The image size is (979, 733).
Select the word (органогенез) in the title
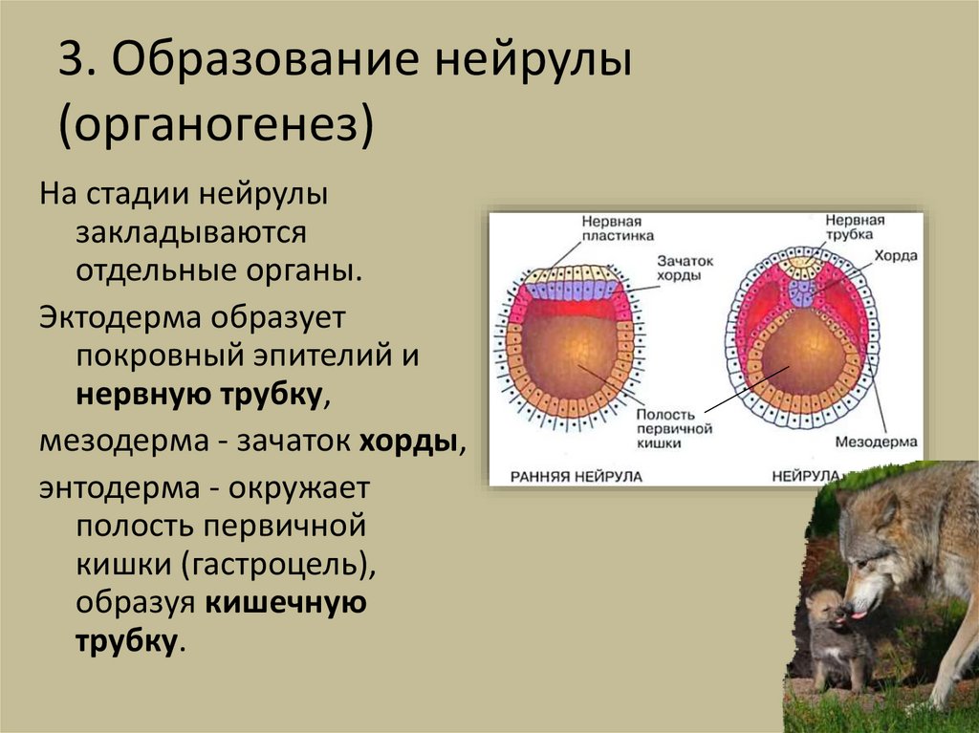pyautogui.click(x=215, y=125)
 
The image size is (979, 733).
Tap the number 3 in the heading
pyautogui.click(x=69, y=65)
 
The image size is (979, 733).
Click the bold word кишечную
pyautogui.click(x=283, y=604)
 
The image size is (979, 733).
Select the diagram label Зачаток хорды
pyautogui.click(x=681, y=267)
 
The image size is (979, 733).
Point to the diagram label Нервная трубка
pyautogui.click(x=856, y=227)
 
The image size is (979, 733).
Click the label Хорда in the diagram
pyautogui.click(x=894, y=256)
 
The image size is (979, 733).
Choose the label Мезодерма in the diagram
pyautogui.click(x=876, y=442)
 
